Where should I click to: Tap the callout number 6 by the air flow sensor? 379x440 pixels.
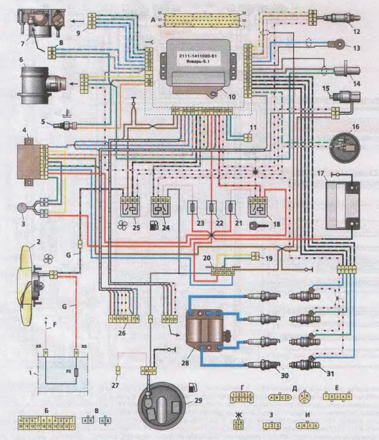[21, 61]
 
